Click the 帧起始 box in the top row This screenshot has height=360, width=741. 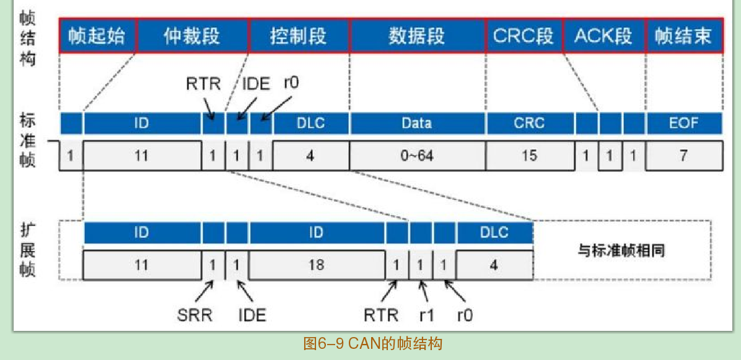pyautogui.click(x=98, y=35)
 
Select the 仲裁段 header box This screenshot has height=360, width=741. pyautogui.click(x=192, y=35)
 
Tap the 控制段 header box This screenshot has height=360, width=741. pyautogui.click(x=299, y=35)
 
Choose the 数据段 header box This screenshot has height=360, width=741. pyautogui.click(x=418, y=35)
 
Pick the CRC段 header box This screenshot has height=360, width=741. pyautogui.click(x=524, y=35)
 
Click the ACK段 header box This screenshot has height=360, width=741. pyautogui.click(x=603, y=35)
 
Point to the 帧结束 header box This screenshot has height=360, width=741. pyautogui.click(x=683, y=35)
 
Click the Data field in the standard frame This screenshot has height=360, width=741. pyautogui.click(x=417, y=123)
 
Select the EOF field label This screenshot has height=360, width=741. pyautogui.click(x=683, y=123)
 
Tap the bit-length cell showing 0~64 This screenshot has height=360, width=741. pyautogui.click(x=417, y=156)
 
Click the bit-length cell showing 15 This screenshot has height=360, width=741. pyautogui.click(x=529, y=156)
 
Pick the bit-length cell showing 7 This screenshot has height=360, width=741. pyautogui.click(x=683, y=156)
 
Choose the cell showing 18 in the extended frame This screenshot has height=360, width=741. pyautogui.click(x=316, y=265)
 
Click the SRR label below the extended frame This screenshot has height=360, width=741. pyautogui.click(x=195, y=315)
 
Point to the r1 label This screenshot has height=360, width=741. pyautogui.click(x=426, y=315)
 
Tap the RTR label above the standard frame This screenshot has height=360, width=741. pyautogui.click(x=203, y=83)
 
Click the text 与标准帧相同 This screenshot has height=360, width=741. pyautogui.click(x=621, y=251)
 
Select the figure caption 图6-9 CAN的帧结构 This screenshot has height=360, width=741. pyautogui.click(x=373, y=343)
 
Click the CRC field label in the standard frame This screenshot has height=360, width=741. pyautogui.click(x=529, y=123)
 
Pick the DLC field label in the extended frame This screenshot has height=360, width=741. pyautogui.click(x=494, y=232)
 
